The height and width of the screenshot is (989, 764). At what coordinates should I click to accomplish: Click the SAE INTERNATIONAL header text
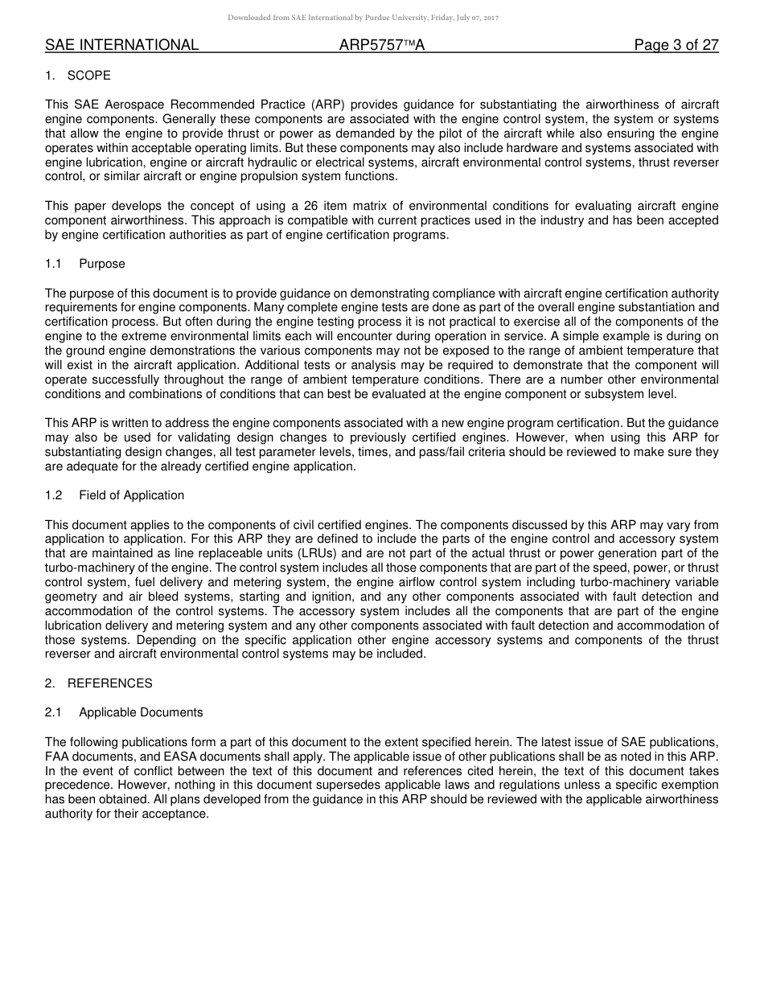(x=121, y=45)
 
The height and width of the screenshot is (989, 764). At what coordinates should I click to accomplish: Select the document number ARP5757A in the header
(x=381, y=45)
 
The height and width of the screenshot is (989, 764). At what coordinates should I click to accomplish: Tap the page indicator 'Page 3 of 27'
(x=676, y=45)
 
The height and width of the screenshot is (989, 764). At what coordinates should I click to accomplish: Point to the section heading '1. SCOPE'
(x=78, y=76)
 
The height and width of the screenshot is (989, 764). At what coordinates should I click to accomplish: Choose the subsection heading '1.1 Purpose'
(x=85, y=264)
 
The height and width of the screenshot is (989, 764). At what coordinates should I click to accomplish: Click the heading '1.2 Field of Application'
(x=114, y=495)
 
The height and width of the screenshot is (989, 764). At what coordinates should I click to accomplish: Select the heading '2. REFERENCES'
(x=98, y=683)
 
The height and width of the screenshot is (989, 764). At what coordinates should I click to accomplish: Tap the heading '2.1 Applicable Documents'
(x=124, y=712)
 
